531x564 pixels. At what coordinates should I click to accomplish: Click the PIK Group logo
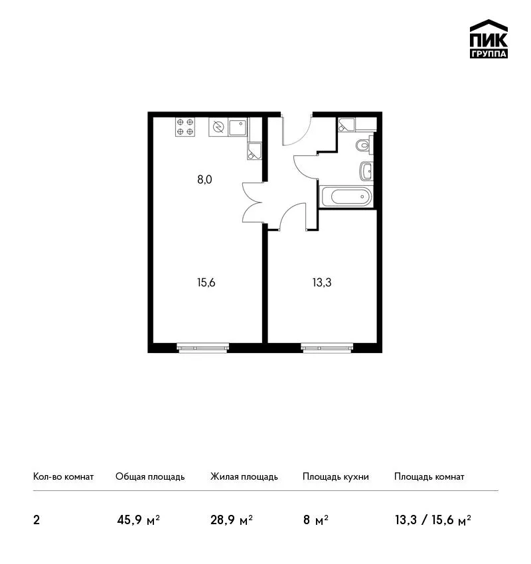pos(489,39)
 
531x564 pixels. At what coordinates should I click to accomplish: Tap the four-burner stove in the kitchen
pos(185,127)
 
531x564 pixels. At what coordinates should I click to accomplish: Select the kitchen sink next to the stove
pos(238,127)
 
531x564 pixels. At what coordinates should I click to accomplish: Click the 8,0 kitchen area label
pos(204,179)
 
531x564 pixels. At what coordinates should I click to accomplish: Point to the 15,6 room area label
pos(206,283)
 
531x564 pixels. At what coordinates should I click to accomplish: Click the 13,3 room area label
pos(322,283)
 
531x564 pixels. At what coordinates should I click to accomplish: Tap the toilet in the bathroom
pos(364,145)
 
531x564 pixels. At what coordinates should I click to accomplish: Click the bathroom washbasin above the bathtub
pos(366,171)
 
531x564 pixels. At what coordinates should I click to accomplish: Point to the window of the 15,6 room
pos(203,348)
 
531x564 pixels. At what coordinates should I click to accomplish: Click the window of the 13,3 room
pos(327,348)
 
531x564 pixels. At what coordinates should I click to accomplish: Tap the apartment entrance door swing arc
pos(303,135)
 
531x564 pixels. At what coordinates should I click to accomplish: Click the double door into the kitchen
pos(252,203)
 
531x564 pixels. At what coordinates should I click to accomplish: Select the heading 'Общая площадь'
pos(150,476)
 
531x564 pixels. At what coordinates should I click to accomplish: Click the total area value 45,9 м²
pos(139,520)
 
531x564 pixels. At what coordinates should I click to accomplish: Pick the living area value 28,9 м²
pos(232,520)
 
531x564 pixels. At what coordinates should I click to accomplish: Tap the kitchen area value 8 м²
pos(315,520)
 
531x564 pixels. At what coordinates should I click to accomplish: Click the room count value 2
pos(37,520)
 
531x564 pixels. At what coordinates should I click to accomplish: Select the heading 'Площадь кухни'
pos(336,476)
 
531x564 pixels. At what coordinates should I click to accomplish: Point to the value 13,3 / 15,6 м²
pos(433,520)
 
